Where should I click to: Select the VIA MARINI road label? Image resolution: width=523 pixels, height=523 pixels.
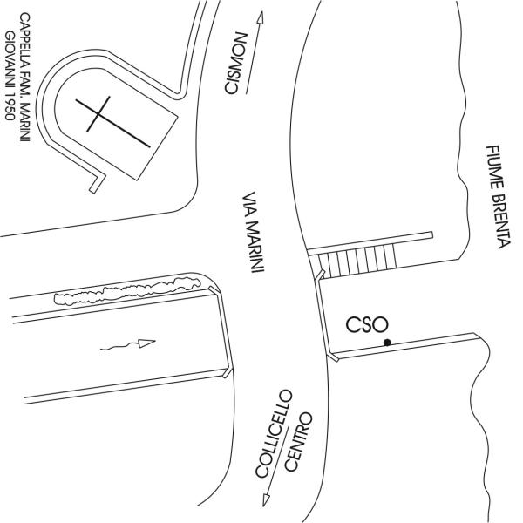coord(253,233)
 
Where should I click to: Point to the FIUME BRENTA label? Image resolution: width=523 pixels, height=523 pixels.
coord(494,197)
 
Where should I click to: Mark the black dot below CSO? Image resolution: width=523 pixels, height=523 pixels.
coord(386,343)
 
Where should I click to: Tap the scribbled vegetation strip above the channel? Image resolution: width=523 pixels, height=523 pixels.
coord(131,289)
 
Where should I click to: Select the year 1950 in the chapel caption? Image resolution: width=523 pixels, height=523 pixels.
coord(10,112)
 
